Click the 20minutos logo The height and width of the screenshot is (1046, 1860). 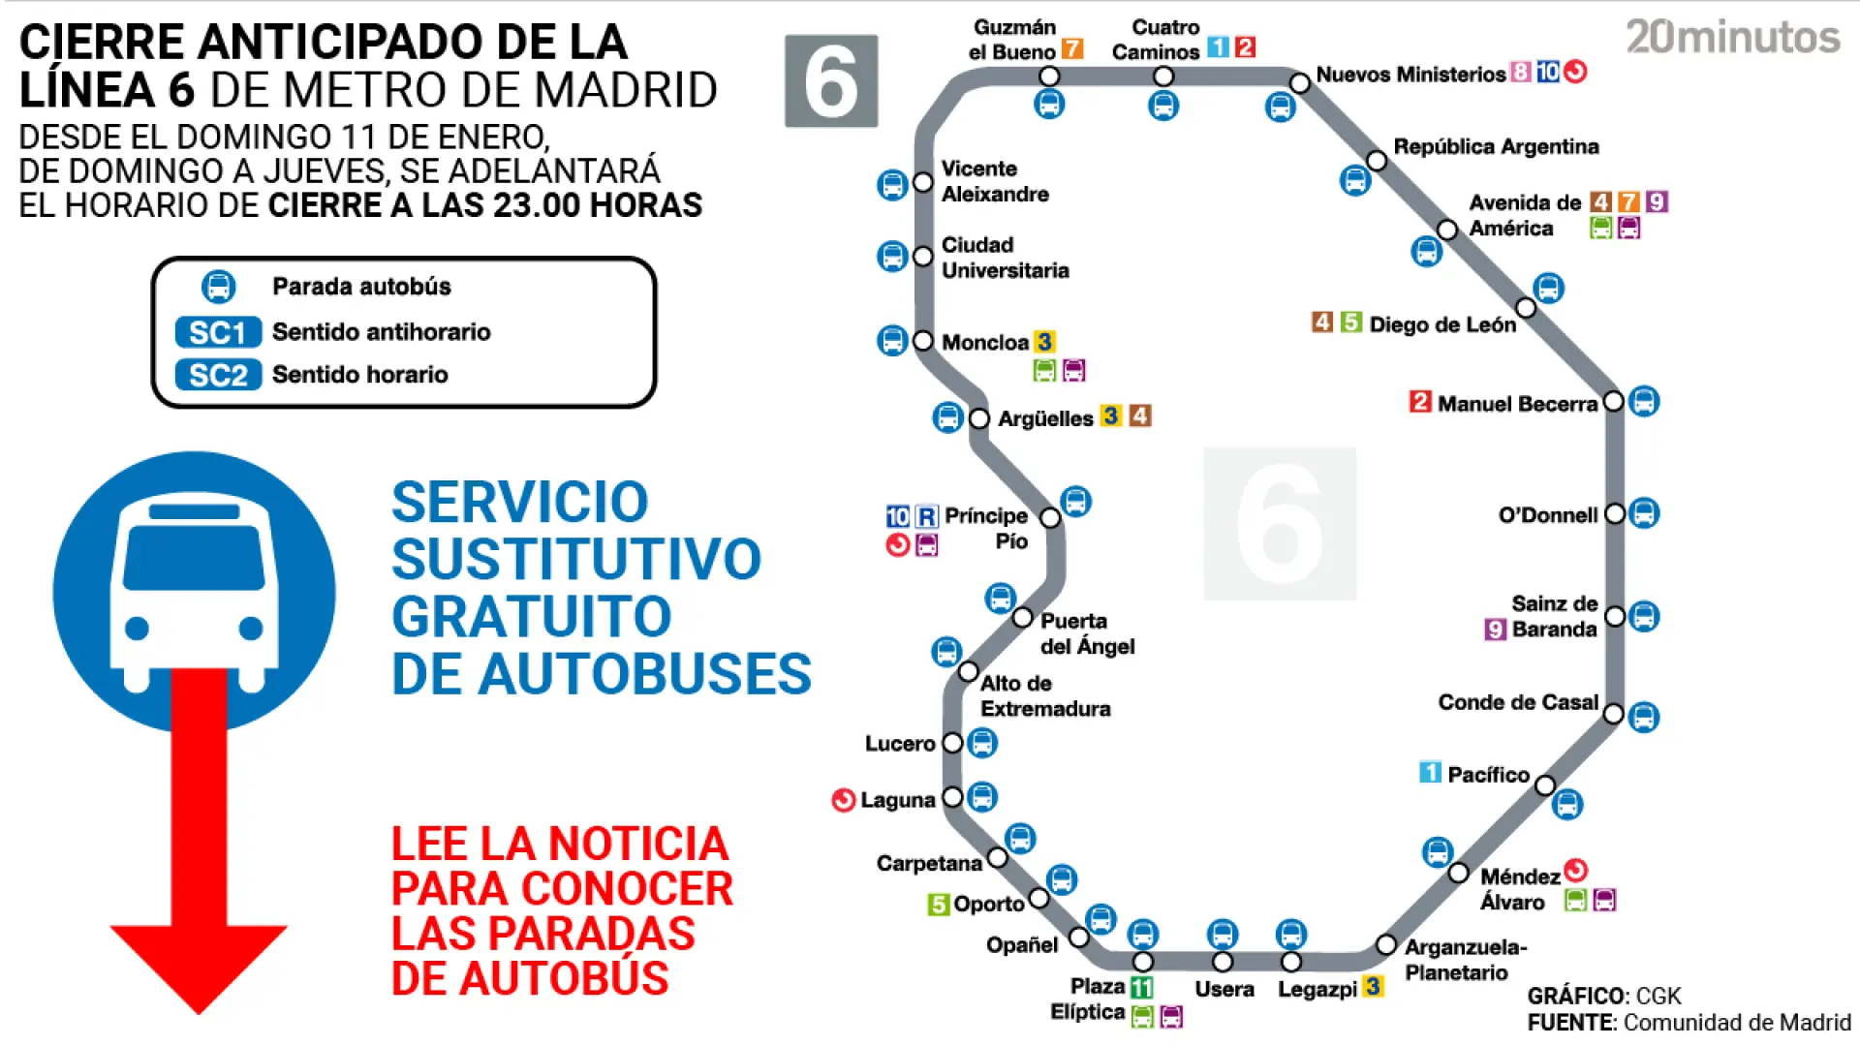(1732, 38)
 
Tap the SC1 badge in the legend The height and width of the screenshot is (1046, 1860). (218, 332)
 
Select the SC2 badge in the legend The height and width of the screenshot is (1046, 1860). (218, 375)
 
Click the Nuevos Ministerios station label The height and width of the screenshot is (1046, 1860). (1410, 75)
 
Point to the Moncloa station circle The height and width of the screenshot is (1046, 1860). (923, 341)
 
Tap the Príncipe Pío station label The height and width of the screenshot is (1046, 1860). (986, 528)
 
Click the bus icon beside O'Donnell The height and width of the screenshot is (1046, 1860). (1644, 513)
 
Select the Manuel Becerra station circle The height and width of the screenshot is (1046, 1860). (1613, 401)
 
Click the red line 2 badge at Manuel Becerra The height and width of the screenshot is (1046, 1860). (1420, 402)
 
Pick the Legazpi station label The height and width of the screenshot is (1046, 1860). (1317, 989)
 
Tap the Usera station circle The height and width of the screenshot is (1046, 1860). (1223, 962)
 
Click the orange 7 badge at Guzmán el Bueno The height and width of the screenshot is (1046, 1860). (1071, 48)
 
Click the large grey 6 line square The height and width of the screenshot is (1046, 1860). (831, 81)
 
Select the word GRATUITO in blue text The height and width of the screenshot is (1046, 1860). (531, 617)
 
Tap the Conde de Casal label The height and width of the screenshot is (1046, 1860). (1517, 702)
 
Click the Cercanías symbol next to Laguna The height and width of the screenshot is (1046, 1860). (843, 800)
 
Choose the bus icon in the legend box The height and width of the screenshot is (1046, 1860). (218, 287)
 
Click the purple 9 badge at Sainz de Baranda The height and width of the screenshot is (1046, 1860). (1495, 630)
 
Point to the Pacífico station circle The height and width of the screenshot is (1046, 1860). (1545, 784)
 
